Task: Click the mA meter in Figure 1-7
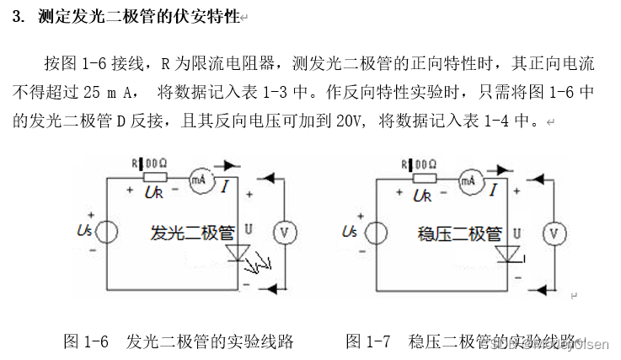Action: coord(468,180)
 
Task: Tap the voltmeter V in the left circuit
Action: coord(284,233)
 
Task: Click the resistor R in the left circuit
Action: coord(154,178)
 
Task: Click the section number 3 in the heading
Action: coord(18,18)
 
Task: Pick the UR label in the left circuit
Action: coord(153,195)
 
